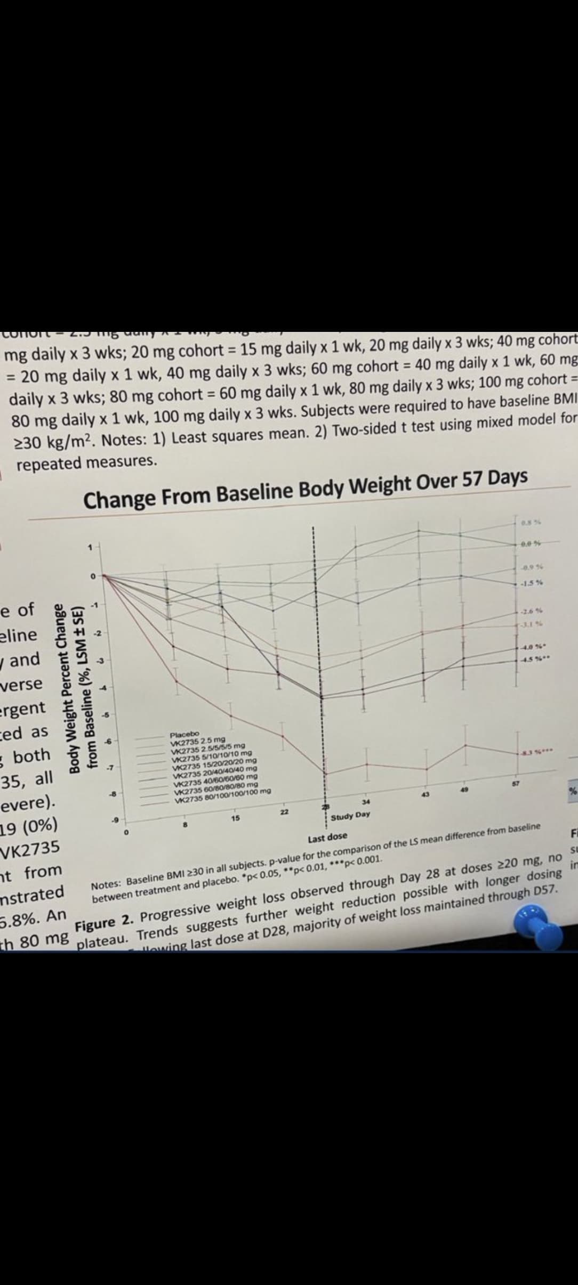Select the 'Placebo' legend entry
coord(184,734)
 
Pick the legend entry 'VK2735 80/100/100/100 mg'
coord(220,792)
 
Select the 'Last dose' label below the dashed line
coord(327,837)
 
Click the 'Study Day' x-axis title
coord(350,815)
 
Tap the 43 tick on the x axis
coord(426,795)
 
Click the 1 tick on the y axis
coord(91,547)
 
